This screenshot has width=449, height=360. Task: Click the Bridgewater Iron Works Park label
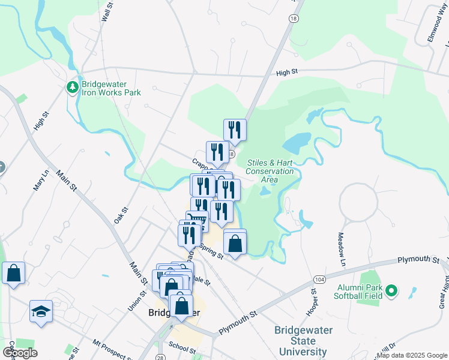[111, 88]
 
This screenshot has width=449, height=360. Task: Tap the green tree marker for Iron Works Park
[72, 88]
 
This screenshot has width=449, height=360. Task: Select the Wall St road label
[107, 11]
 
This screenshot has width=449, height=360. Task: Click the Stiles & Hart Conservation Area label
[270, 171]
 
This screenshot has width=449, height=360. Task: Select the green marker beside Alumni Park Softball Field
[392, 292]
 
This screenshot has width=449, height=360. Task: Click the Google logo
[20, 353]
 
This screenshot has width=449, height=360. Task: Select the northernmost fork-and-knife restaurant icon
[235, 130]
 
